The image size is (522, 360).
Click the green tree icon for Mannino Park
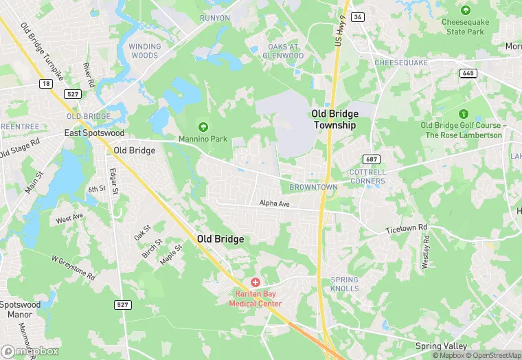tap(203, 127)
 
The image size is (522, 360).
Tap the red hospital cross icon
tap(256, 282)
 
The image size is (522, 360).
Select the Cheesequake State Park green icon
tap(466, 10)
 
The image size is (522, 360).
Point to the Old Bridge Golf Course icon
tap(462, 113)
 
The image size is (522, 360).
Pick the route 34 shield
tap(357, 16)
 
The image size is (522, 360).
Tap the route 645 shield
tap(469, 74)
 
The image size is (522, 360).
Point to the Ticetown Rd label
tap(406, 227)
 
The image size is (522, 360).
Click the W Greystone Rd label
tap(73, 268)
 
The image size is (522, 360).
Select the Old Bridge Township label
tap(334, 120)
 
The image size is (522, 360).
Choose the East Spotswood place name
tap(94, 133)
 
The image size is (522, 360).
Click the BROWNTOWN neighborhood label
tap(313, 187)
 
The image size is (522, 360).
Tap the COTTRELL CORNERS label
tap(367, 176)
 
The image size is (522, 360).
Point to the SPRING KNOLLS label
tap(345, 284)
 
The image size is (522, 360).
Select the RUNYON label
tap(215, 18)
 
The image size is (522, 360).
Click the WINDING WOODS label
tap(144, 51)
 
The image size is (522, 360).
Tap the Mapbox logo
tap(28, 350)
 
